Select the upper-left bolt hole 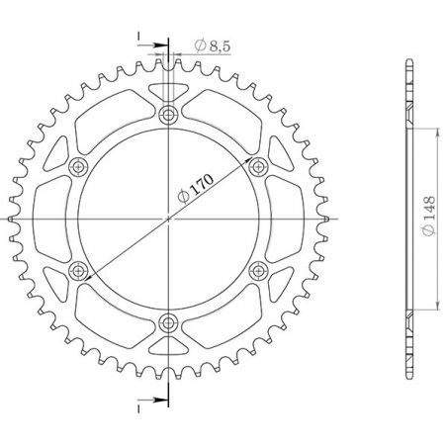click(x=78, y=166)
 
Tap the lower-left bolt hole click(x=78, y=270)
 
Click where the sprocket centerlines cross click(x=167, y=219)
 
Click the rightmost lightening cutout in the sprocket click(x=281, y=219)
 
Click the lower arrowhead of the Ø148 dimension click(x=428, y=306)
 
